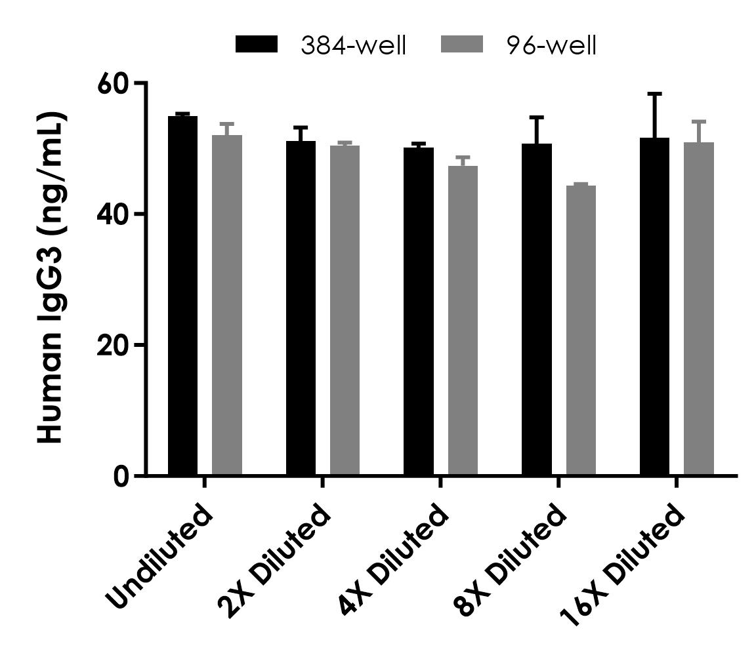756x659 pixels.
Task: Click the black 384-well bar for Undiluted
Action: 182,295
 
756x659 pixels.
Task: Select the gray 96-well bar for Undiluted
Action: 226,305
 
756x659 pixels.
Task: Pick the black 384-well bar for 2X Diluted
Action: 301,308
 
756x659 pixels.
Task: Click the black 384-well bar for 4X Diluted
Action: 418,311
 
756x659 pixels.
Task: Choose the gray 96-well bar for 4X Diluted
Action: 463,321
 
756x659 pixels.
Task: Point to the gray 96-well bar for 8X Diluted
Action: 581,330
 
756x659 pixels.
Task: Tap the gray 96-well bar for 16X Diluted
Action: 698,309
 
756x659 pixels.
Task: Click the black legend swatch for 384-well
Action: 257,45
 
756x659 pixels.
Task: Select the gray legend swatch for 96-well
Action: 461,45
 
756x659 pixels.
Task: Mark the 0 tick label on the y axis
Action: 121,476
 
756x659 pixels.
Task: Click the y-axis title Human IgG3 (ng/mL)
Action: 50,279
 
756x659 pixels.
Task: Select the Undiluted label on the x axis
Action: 161,557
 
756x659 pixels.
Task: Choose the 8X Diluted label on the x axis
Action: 510,561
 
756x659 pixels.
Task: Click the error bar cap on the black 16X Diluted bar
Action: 654,94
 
